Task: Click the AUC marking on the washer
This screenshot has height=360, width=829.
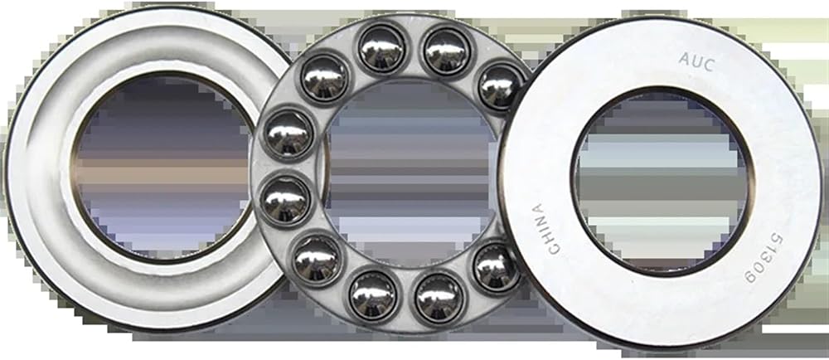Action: pos(697,62)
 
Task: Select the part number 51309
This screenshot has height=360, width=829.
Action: pos(764,257)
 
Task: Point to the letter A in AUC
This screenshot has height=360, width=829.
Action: pos(685,59)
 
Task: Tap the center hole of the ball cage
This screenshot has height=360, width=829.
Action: pos(410,174)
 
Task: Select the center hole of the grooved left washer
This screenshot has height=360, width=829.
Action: pos(162,167)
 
